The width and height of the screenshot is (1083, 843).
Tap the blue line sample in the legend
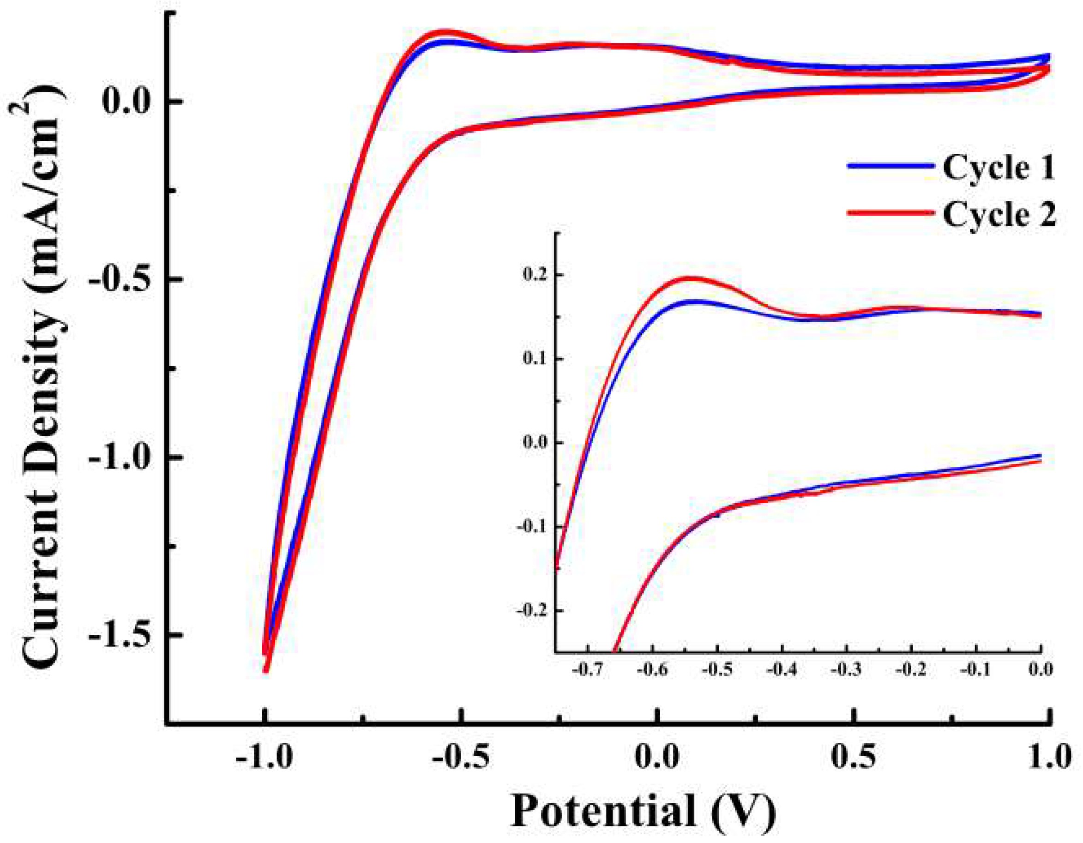click(x=889, y=167)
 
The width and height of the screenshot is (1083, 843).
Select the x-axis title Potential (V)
click(x=643, y=812)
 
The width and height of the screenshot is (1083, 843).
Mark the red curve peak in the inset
click(x=689, y=278)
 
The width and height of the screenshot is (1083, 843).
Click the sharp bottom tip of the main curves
click(x=266, y=670)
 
